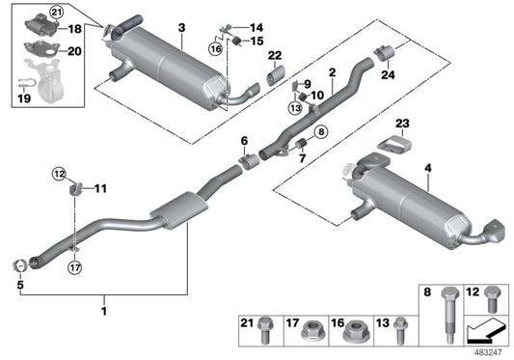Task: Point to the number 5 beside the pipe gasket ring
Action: tap(19, 285)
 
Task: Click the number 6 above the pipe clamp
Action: tap(244, 141)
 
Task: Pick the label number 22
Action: tap(276, 53)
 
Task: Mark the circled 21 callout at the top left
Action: tap(28, 11)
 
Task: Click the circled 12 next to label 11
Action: tap(59, 174)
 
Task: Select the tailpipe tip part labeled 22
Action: tap(275, 75)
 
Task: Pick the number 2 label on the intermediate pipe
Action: tap(331, 71)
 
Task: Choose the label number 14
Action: tap(257, 26)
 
